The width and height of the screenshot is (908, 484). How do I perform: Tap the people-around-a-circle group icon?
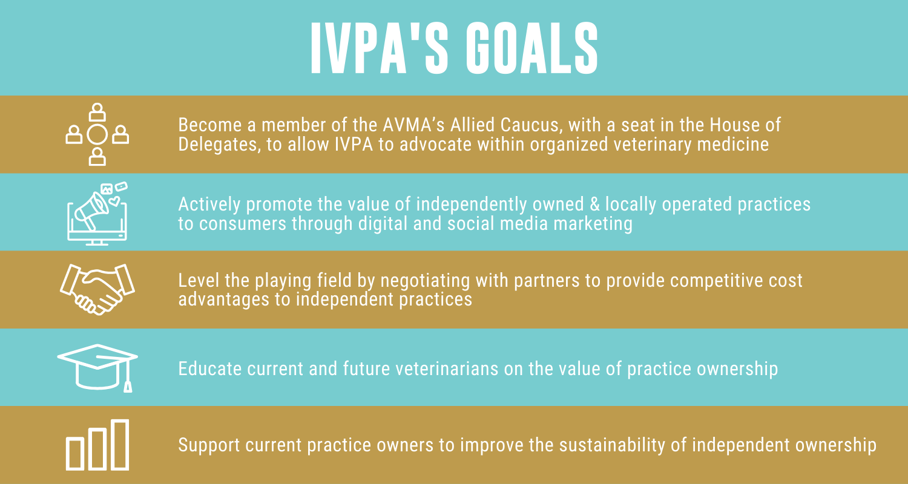point(97,134)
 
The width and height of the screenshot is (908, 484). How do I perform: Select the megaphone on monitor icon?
point(97,214)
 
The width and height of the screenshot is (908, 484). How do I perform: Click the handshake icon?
point(97,289)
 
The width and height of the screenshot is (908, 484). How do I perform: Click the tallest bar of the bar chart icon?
point(120,445)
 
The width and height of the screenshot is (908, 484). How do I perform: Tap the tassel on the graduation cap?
point(127,385)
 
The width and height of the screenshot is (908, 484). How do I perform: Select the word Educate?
point(203,369)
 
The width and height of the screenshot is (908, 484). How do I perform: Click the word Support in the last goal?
point(205,445)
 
